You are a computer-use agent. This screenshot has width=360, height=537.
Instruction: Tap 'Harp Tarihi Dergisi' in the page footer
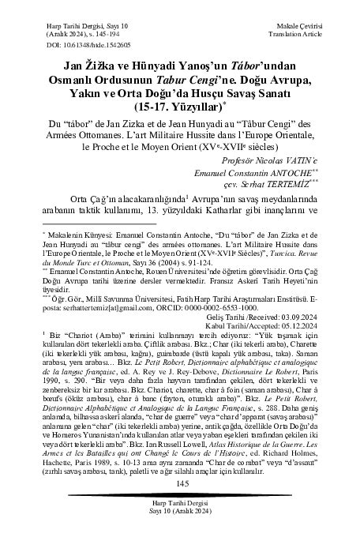[179, 508]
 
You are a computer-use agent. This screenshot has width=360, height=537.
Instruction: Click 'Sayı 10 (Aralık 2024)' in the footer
[179, 517]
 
